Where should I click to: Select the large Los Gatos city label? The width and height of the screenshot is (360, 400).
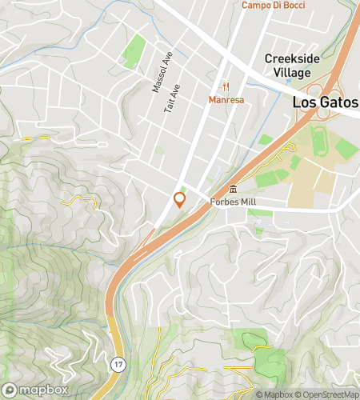326,102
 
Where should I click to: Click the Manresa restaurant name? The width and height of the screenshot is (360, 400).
226,100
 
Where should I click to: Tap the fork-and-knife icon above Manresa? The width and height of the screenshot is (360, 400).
226,86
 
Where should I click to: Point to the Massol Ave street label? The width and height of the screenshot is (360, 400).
157,73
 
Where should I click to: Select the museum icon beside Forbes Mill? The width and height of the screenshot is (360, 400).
233,190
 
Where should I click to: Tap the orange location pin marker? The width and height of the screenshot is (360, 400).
179,200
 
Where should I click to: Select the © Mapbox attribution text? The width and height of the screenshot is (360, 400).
274,394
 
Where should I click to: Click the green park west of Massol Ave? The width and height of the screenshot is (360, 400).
134,52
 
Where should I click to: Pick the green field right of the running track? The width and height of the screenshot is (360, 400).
346,148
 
